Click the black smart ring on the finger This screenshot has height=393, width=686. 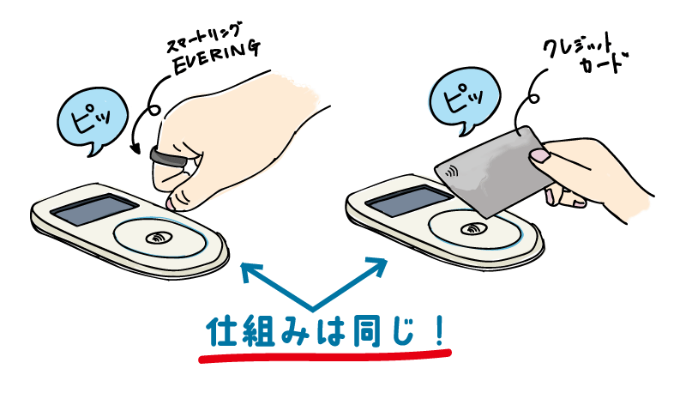click(x=168, y=158)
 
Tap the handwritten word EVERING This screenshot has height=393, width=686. click(x=216, y=57)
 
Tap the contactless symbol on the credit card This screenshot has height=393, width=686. click(x=452, y=172)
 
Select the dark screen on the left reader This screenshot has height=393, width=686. click(x=95, y=209)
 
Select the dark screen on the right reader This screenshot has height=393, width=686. click(x=409, y=200)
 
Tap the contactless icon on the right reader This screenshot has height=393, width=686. click(x=473, y=228)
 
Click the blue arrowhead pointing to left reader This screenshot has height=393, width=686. click(x=250, y=270)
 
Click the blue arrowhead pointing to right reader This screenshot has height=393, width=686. click(x=376, y=267)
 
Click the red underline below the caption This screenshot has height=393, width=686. click(x=325, y=355)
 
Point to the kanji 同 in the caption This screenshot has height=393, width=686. click(x=366, y=331)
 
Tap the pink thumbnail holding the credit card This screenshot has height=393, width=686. click(x=539, y=155)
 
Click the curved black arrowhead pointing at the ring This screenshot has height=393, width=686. click(x=135, y=148)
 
